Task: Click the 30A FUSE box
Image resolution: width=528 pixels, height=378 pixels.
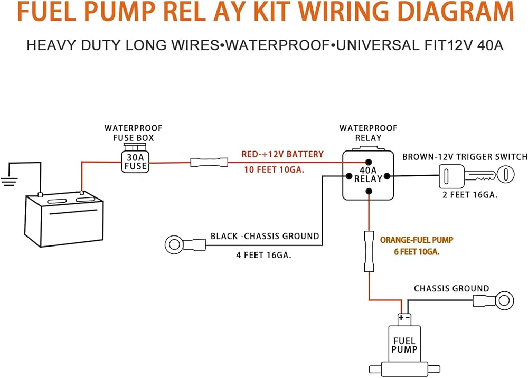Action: pos(135,162)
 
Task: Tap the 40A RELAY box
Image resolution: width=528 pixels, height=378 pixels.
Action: pos(367,174)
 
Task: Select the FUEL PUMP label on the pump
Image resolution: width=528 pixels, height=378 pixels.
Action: pos(404,344)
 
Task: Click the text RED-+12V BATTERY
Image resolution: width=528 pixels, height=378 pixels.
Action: pos(282,154)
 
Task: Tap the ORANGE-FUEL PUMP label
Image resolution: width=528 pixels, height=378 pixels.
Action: pos(416,240)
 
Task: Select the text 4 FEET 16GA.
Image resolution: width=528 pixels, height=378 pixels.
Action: pos(263,256)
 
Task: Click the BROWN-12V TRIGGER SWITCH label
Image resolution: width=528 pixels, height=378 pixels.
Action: pos(465,157)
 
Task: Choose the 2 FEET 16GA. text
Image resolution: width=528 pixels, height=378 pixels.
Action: pos(469,195)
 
